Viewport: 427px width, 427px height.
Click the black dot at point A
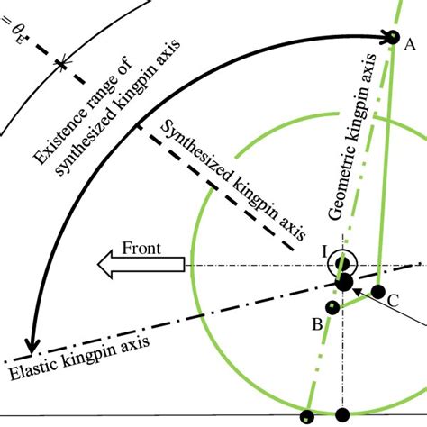point(393,37)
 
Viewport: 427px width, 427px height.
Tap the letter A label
point(410,45)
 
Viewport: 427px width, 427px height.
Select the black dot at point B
point(332,307)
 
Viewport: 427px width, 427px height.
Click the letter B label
point(317,324)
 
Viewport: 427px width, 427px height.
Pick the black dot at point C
point(378,291)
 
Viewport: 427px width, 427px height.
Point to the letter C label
point(393,300)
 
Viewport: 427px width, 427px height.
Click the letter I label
point(324,252)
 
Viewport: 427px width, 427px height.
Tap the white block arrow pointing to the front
point(141,264)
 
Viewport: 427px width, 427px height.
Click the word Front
point(141,249)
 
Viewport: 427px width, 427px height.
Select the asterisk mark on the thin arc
point(62,64)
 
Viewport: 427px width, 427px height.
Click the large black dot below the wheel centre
point(344,282)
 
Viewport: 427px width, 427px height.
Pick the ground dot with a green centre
point(307,417)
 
